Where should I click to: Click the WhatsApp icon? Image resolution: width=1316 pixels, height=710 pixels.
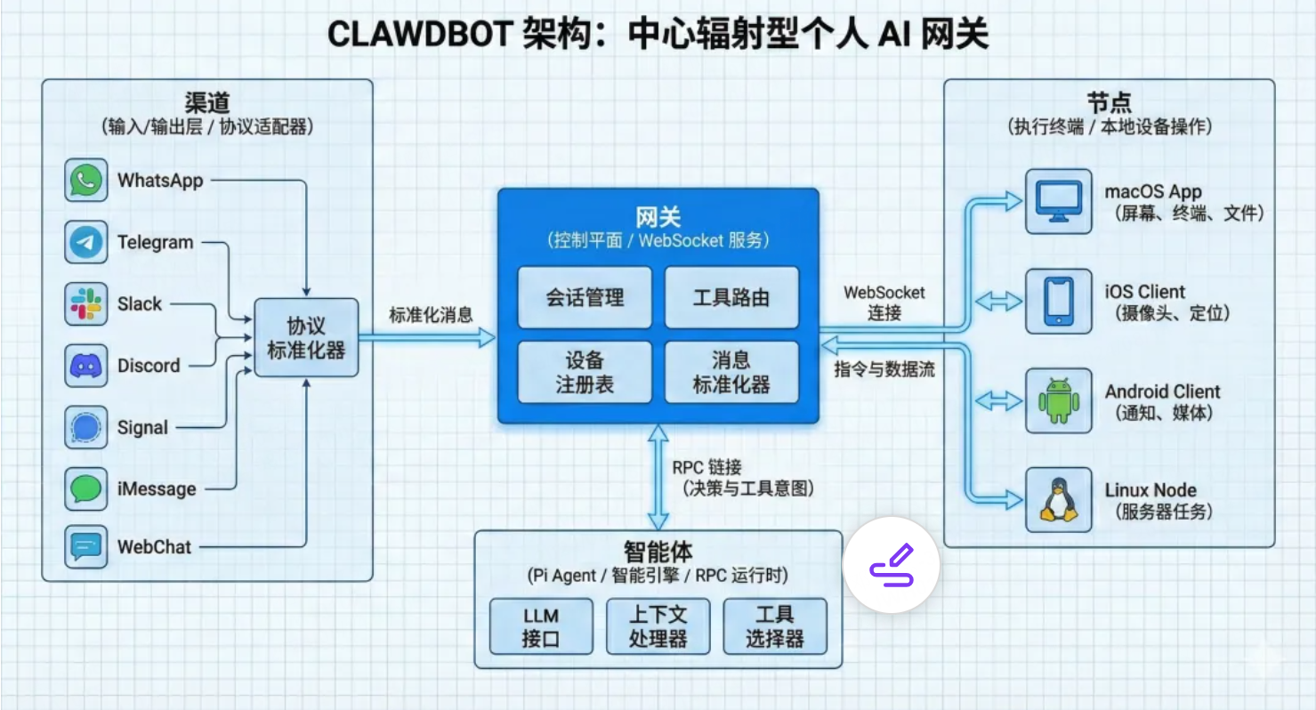86,181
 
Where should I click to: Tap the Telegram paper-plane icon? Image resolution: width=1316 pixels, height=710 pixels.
86,242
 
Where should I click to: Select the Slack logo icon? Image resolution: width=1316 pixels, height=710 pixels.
86,304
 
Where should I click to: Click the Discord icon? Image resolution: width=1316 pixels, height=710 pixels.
86,366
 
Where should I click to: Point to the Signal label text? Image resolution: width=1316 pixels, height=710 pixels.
142,428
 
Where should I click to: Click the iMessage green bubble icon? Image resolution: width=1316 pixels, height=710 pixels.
86,488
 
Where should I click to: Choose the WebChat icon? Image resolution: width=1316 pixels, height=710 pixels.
86,547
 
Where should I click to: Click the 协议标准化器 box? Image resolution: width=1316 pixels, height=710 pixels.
306,337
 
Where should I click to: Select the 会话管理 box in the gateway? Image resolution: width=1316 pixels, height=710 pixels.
585,298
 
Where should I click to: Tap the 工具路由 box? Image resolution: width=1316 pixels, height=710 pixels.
731,298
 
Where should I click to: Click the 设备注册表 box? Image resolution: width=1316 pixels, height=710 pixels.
585,372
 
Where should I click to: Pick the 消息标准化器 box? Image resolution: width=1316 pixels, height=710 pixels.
731,372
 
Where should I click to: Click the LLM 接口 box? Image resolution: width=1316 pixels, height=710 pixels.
540,626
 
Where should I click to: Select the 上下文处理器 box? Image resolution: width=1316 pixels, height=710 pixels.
658,626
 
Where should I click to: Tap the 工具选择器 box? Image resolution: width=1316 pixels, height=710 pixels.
774,626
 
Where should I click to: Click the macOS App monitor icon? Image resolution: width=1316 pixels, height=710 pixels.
1058,202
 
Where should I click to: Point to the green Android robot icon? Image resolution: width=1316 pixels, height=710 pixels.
1058,401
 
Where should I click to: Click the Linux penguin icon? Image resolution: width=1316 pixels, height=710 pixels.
1058,500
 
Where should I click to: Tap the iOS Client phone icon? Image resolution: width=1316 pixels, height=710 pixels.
1058,302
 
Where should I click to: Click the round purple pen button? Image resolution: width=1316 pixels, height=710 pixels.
892,565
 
